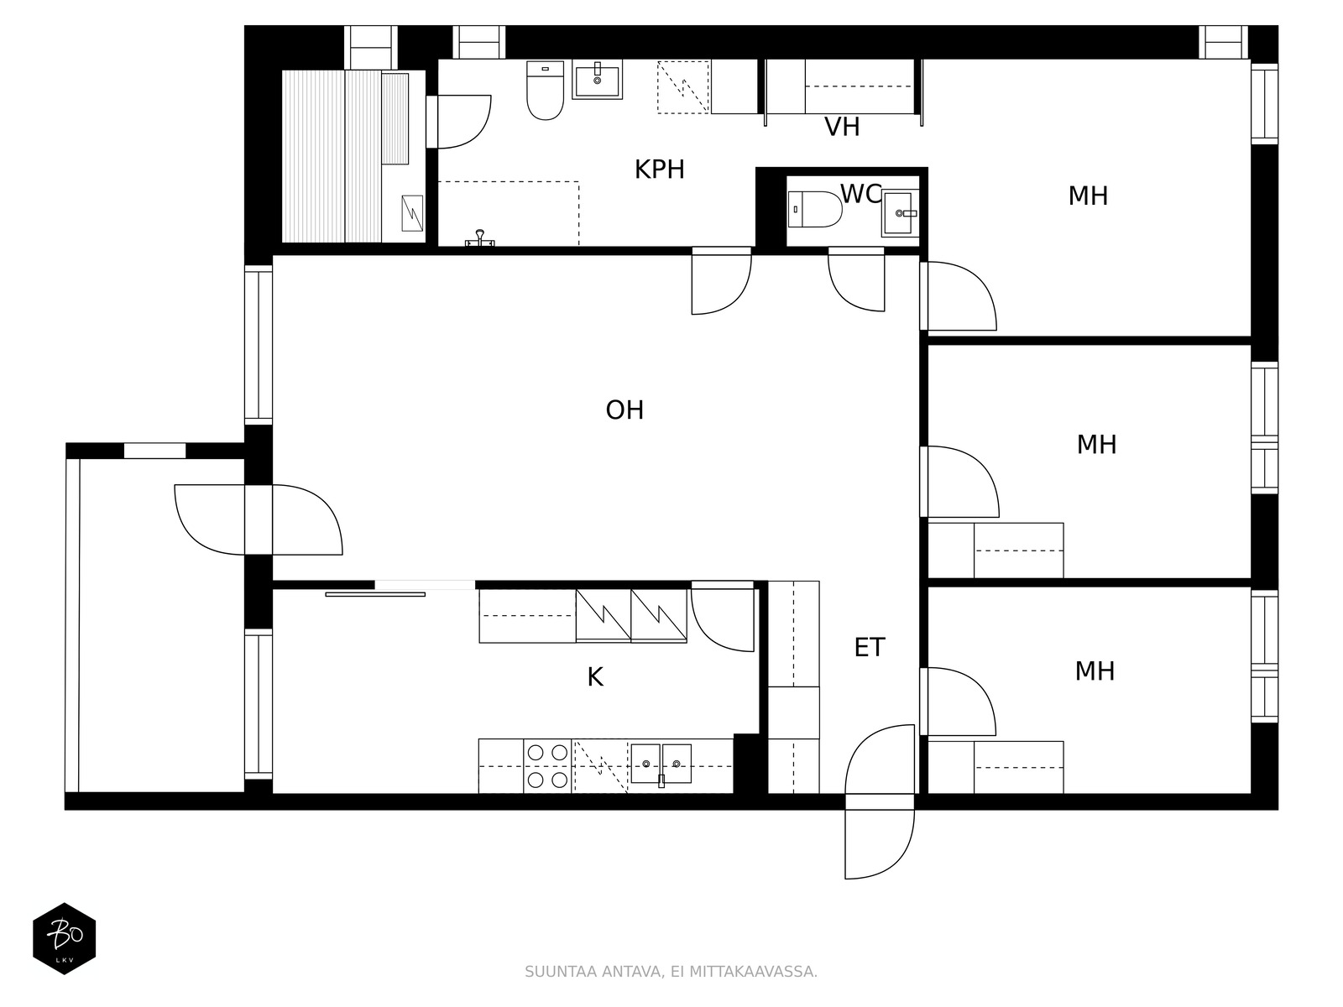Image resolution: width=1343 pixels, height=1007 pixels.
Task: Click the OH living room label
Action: [624, 410]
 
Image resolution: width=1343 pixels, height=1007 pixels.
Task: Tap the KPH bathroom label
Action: [659, 170]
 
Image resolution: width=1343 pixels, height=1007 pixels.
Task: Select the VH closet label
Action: [842, 127]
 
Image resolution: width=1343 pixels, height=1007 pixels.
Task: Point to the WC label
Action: [860, 194]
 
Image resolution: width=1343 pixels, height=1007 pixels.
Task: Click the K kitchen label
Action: [595, 677]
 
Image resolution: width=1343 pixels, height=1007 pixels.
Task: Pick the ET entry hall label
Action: [870, 647]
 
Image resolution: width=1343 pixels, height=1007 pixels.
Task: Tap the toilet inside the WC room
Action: [814, 209]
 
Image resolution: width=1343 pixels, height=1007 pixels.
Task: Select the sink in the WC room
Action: [900, 213]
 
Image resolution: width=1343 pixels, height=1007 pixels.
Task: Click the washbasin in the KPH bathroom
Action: [597, 80]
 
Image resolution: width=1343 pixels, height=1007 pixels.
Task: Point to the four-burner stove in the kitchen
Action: [547, 765]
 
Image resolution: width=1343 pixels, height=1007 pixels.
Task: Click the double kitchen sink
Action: [661, 764]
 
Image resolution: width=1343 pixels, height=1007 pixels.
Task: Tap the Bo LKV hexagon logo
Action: [65, 938]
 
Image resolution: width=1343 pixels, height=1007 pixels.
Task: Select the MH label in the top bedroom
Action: [1088, 196]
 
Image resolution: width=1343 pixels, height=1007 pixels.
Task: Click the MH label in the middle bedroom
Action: [1096, 445]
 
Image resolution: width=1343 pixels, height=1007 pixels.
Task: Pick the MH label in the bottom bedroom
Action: [1095, 671]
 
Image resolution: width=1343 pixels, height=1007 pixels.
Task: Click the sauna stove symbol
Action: [412, 213]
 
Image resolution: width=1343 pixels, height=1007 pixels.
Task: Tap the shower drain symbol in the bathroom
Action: [479, 238]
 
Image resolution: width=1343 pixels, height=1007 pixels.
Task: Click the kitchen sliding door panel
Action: [375, 594]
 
